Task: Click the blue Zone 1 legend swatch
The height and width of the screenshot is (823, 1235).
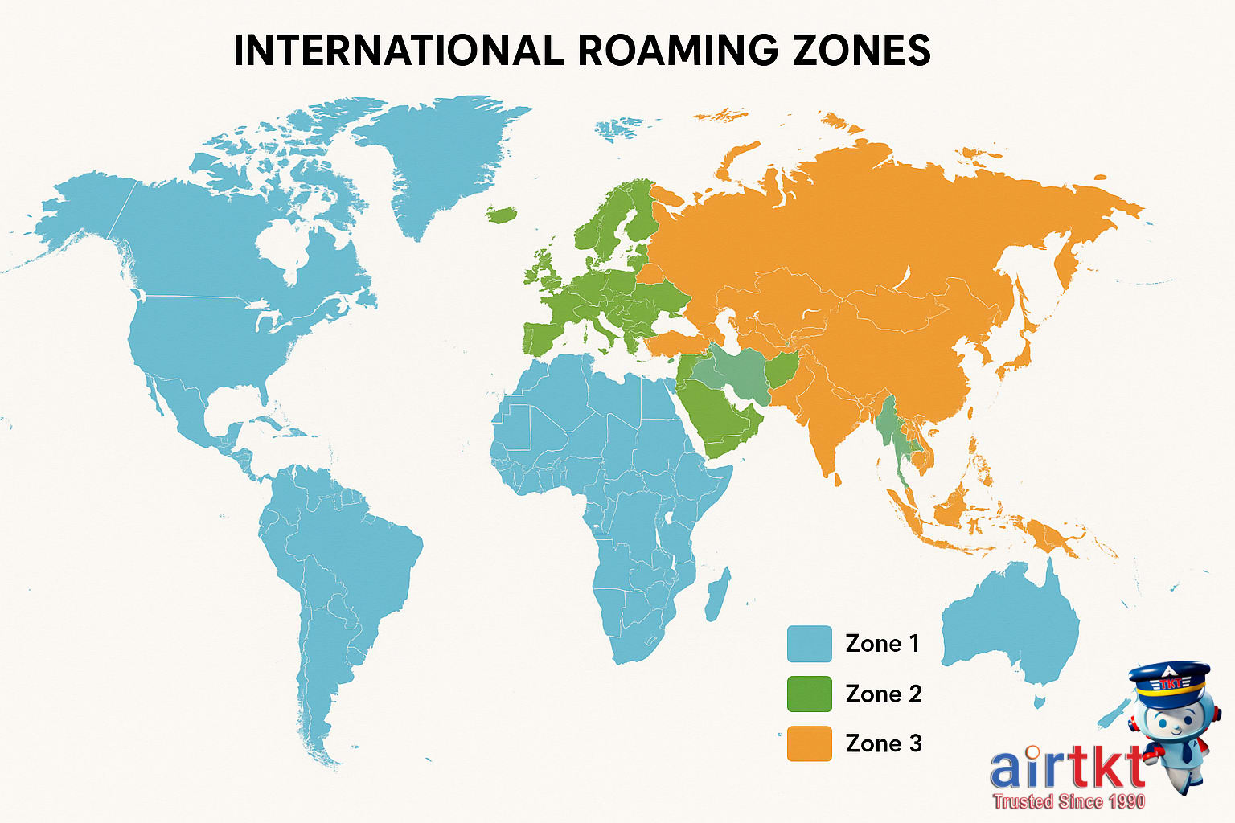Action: tap(809, 644)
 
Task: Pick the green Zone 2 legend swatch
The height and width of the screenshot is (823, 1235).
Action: tap(809, 694)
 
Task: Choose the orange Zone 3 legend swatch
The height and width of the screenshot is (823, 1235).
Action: tap(809, 743)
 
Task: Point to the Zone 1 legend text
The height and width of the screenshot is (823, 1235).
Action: tap(882, 644)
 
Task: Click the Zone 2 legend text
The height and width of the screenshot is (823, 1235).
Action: tap(883, 694)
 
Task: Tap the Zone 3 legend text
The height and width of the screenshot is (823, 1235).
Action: tap(883, 743)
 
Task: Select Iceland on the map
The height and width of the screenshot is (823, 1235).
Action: tap(503, 215)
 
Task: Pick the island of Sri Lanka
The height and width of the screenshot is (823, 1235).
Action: tap(839, 481)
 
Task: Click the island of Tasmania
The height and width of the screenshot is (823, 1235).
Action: tap(1039, 702)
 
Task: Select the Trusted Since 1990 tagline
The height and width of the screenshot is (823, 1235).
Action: tap(1069, 800)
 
